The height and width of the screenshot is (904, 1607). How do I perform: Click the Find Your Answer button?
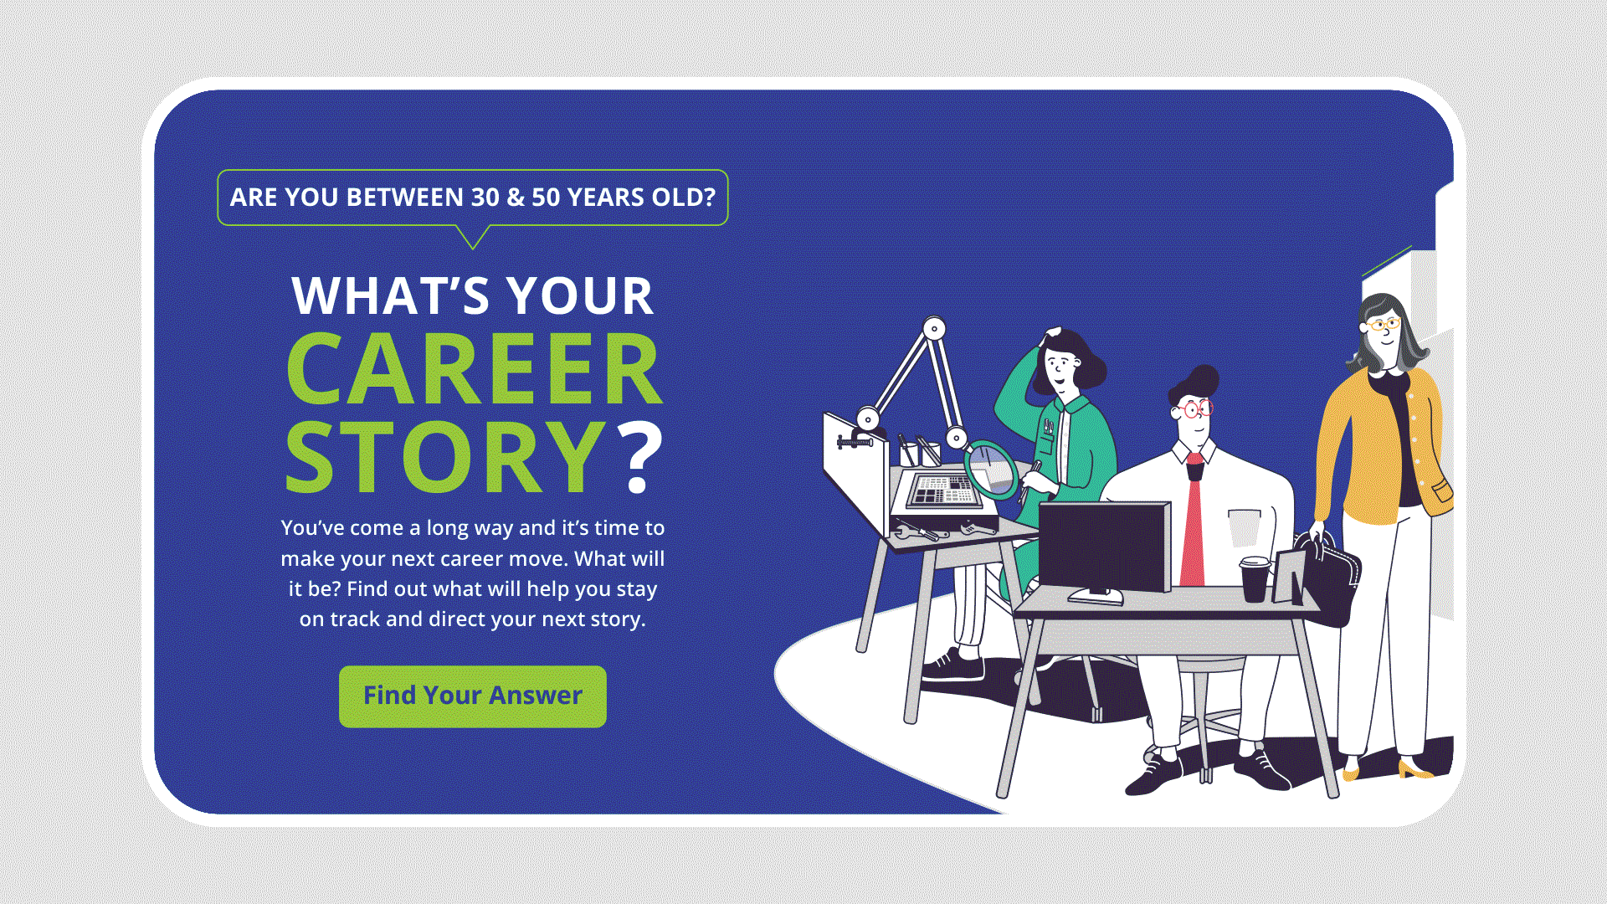tap(472, 696)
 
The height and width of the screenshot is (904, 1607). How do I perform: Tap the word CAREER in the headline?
tap(475, 369)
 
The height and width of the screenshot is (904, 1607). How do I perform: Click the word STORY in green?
tap(445, 457)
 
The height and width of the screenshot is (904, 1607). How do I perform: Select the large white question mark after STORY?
tap(639, 457)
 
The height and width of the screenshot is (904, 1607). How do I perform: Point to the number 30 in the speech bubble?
tap(485, 198)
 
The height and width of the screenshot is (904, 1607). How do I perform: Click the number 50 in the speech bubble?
tap(546, 198)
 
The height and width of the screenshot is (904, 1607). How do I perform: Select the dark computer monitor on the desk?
tap(1105, 547)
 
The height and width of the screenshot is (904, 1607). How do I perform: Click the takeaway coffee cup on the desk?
tap(1254, 579)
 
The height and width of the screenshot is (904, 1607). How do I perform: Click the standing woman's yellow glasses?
tap(1383, 323)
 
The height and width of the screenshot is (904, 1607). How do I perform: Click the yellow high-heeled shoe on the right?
tap(1414, 768)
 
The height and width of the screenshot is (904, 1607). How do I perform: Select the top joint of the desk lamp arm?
tap(934, 329)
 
